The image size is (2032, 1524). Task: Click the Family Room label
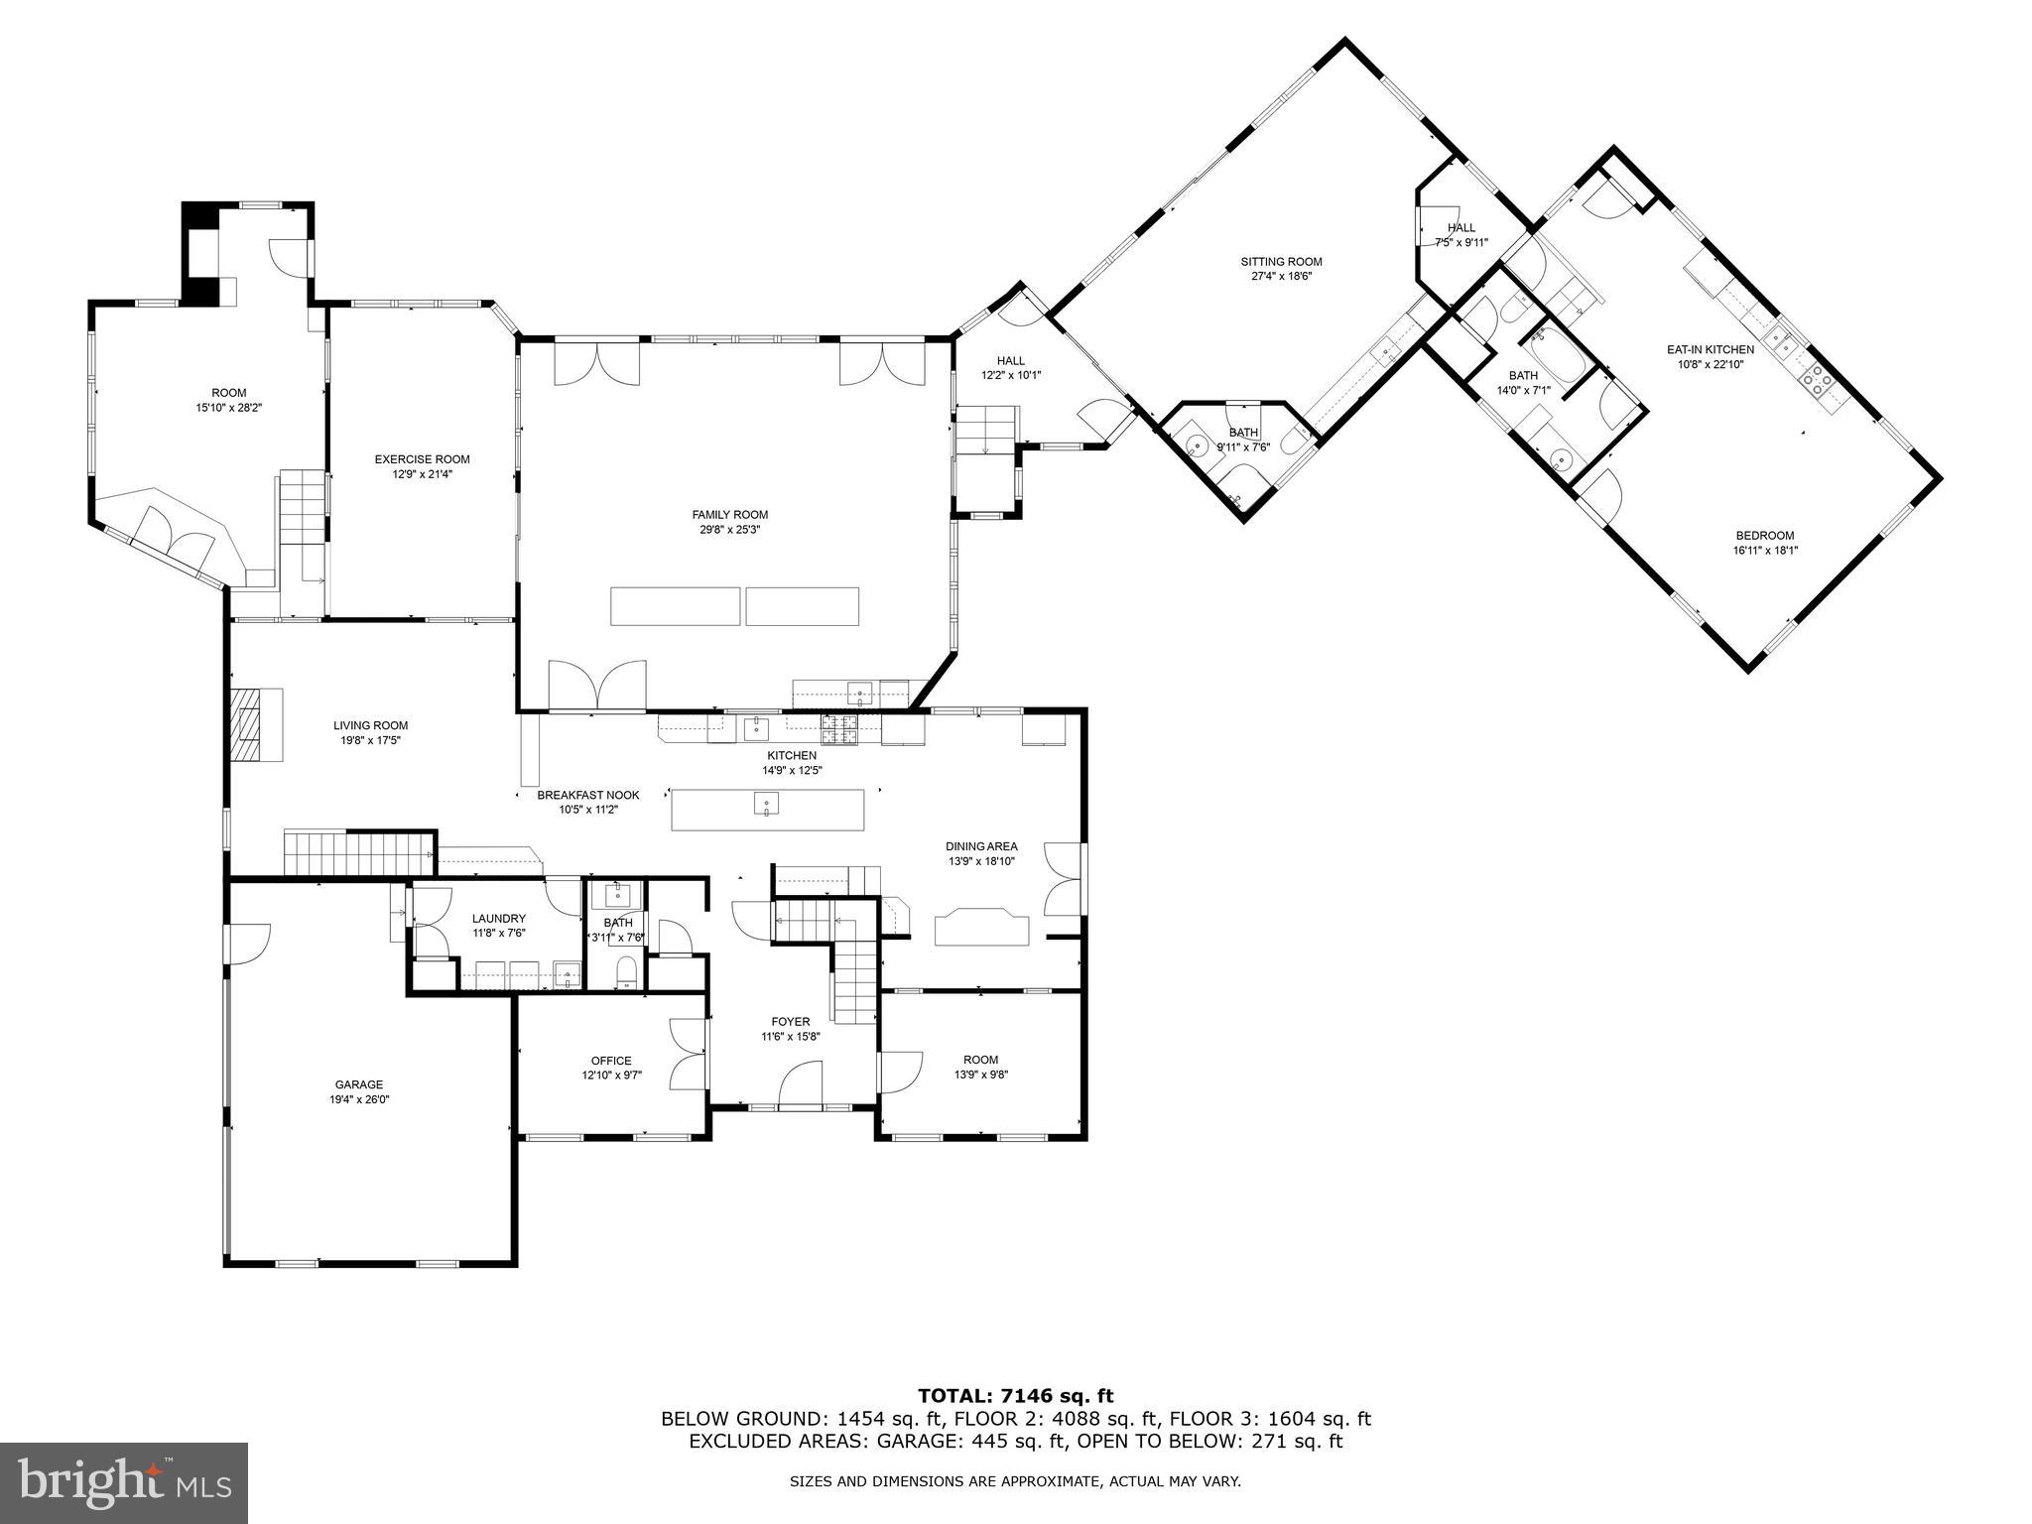pos(729,514)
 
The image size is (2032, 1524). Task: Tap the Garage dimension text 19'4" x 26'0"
pos(358,1099)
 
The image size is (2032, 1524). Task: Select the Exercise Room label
pos(422,459)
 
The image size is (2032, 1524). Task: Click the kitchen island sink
pos(766,803)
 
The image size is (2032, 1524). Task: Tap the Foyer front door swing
pos(803,1083)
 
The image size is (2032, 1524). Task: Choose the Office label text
pos(610,1061)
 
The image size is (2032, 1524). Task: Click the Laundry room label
pos(498,919)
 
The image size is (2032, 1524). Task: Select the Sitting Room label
pos(1281,262)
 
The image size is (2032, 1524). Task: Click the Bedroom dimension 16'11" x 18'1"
pos(1764,551)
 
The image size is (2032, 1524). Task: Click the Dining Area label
pos(980,846)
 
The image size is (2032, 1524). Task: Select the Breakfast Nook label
pos(588,795)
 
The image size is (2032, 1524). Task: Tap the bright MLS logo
pos(124,1482)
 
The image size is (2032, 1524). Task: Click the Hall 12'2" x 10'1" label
pos(1010,361)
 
